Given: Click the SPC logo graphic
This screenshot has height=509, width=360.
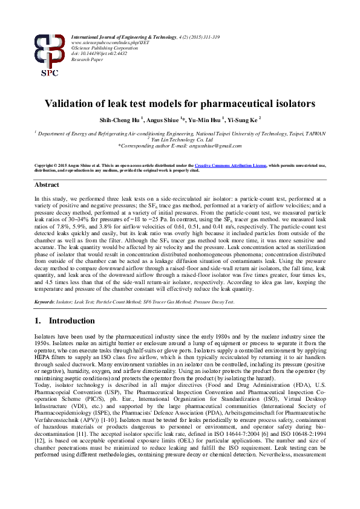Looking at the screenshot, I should point(50,55).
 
